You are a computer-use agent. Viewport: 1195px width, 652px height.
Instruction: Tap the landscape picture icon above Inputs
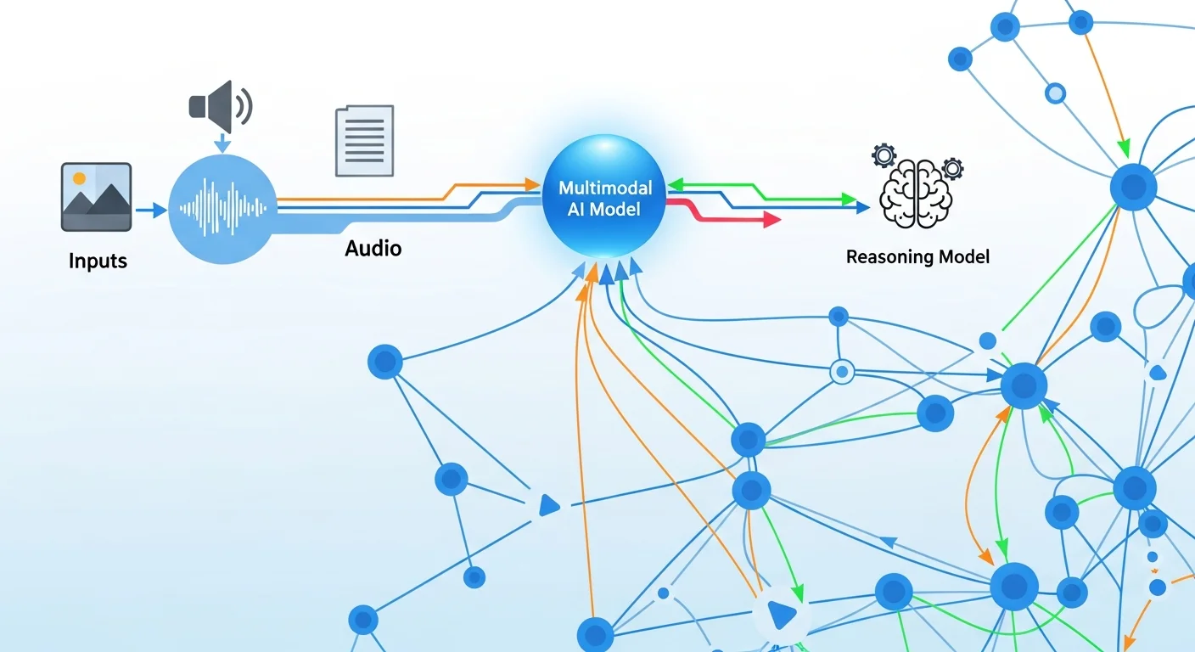[96, 197]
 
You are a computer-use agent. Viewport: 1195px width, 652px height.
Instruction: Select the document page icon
[365, 140]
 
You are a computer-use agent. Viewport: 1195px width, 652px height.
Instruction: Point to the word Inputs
[98, 261]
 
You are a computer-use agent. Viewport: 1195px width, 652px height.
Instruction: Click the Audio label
[373, 249]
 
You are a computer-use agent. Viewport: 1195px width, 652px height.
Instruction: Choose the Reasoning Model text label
[917, 256]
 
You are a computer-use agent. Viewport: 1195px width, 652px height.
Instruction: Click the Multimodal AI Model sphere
[604, 195]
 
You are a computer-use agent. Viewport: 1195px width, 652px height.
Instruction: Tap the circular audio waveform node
[223, 209]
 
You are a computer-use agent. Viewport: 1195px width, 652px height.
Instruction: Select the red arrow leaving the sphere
[769, 220]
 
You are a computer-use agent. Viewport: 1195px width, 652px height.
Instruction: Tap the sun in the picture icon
[80, 178]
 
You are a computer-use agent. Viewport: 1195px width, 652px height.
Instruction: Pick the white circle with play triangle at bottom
[779, 611]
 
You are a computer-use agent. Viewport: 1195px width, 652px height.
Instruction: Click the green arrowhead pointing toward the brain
[850, 200]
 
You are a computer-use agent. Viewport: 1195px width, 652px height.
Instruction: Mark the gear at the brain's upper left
[884, 155]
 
